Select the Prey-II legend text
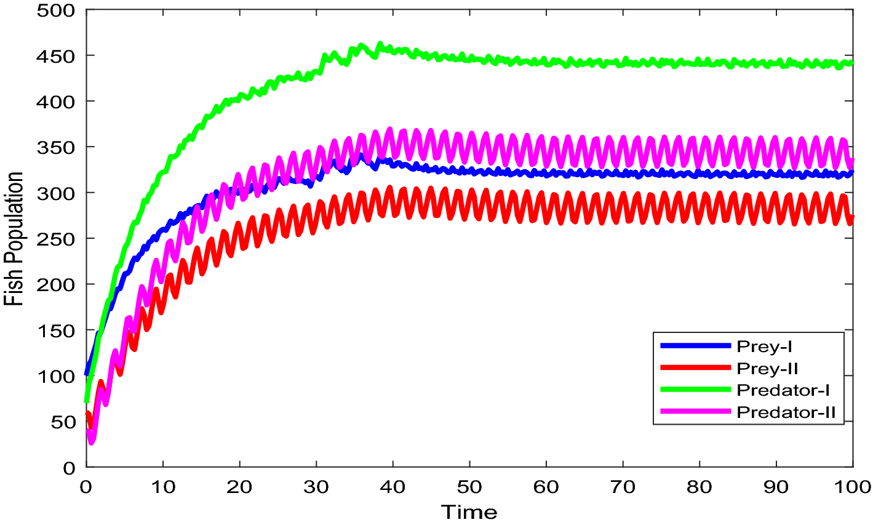coord(767,369)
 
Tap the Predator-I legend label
coord(780,390)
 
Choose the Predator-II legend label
coord(786,412)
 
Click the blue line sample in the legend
coord(695,347)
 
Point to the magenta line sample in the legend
coord(695,412)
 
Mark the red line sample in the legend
coord(695,368)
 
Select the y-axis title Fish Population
coord(14,239)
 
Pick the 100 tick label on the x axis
coord(852,487)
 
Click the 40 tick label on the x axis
coord(393,487)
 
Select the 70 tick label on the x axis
coord(623,487)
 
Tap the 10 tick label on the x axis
coord(162,487)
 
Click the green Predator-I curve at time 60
coord(546,62)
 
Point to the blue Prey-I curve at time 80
coord(700,174)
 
